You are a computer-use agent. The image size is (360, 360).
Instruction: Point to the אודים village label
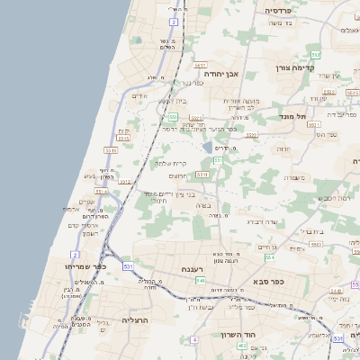(139, 95)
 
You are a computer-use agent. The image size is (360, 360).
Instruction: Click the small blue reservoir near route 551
(208, 147)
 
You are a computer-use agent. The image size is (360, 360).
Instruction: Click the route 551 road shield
(217, 160)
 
